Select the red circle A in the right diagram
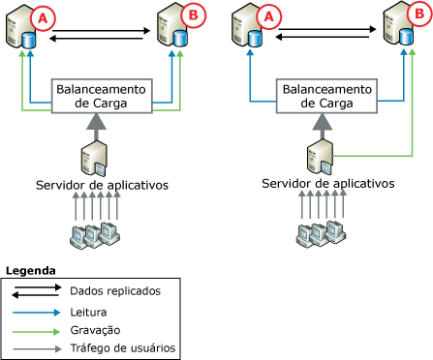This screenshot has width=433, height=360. point(263,16)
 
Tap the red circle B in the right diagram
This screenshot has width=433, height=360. point(412,16)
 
